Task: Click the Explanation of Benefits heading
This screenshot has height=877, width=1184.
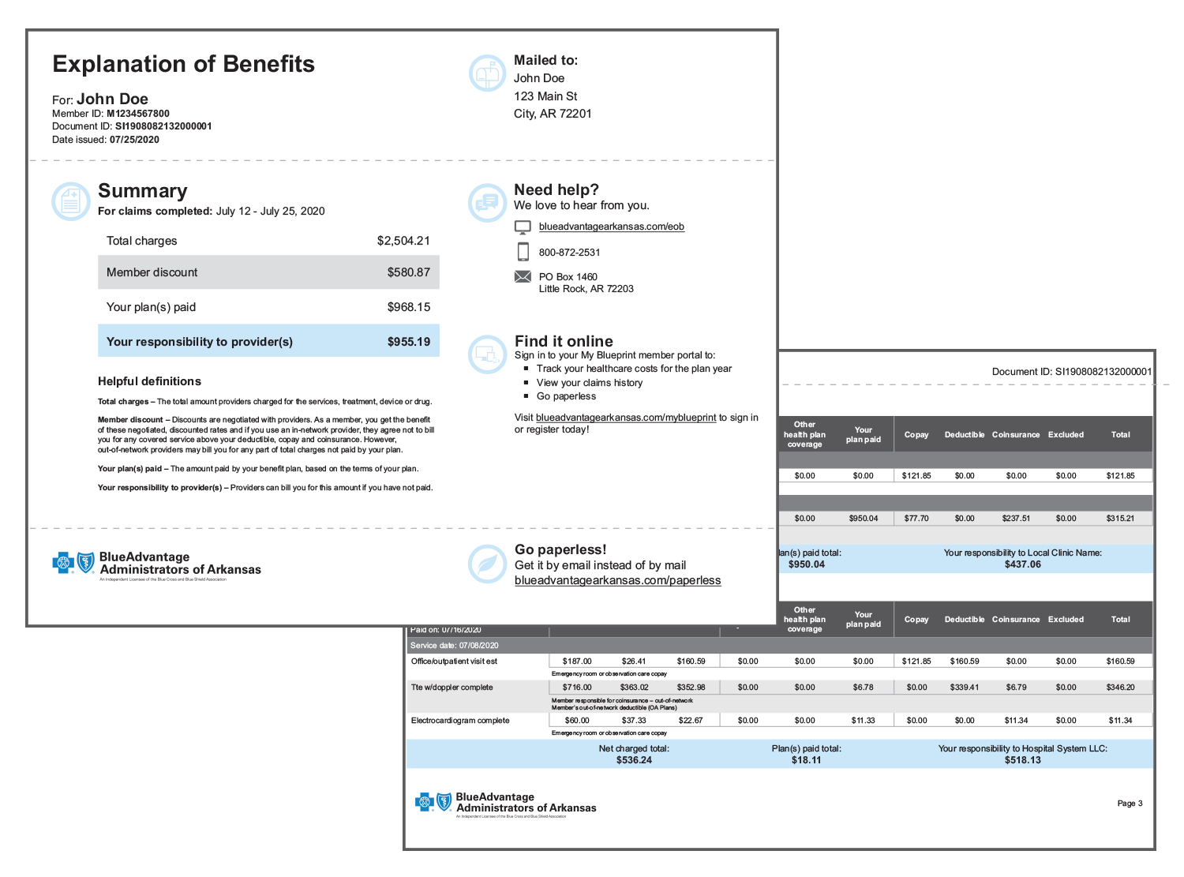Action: [183, 64]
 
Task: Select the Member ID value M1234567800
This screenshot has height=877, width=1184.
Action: [137, 114]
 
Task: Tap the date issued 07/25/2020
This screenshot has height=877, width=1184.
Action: [134, 140]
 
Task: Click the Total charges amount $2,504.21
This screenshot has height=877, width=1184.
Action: [403, 241]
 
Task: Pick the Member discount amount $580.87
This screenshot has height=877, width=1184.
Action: [408, 272]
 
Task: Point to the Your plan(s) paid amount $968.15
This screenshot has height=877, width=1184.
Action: [408, 307]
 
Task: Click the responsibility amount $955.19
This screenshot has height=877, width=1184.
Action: [408, 342]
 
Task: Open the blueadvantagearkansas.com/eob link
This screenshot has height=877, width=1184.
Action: [611, 227]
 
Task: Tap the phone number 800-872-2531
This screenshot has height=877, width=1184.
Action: [569, 253]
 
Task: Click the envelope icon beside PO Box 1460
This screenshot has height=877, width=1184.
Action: [523, 276]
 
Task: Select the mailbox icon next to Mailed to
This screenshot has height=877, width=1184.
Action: [487, 73]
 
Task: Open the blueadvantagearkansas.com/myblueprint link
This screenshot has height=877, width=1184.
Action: [626, 418]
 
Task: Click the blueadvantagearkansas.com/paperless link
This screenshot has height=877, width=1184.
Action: [617, 580]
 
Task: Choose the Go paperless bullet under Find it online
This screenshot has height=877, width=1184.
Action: [566, 396]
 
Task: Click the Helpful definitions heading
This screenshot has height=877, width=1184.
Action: [149, 381]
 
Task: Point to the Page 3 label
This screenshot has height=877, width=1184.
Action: [1130, 804]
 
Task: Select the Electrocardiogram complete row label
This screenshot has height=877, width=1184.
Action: [460, 721]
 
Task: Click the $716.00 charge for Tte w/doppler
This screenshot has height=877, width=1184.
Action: [577, 688]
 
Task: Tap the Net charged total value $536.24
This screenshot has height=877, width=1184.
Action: [634, 760]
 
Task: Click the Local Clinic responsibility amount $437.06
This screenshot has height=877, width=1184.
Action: [1022, 564]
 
